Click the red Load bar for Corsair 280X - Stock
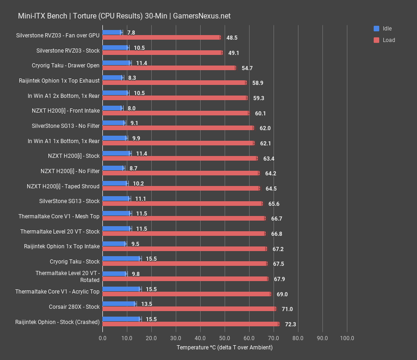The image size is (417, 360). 189,309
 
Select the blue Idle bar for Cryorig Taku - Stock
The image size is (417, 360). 121,258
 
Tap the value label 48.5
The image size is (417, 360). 232,38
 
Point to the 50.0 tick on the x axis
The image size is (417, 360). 225,338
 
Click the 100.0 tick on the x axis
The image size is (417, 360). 347,338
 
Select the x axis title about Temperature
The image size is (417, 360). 224,348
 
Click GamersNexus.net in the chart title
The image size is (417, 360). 202,16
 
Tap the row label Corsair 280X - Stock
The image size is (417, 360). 74,306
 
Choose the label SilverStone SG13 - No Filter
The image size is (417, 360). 66,126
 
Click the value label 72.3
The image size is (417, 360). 290,324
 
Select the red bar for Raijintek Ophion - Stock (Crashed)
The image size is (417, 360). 191,324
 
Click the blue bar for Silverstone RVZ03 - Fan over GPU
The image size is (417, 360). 112,32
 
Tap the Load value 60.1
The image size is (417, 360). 260,114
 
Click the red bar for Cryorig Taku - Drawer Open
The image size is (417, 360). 169,68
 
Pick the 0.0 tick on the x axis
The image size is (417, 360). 102,338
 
